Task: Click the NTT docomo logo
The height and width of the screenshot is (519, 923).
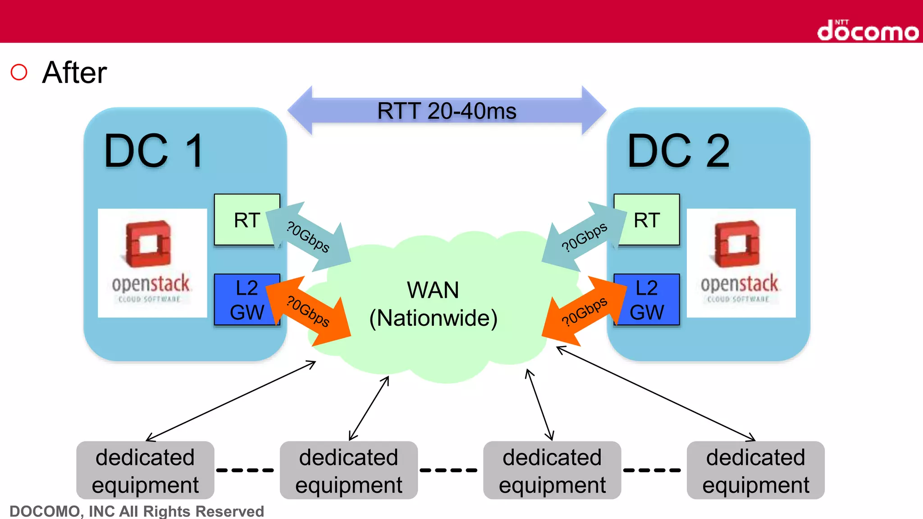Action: click(868, 31)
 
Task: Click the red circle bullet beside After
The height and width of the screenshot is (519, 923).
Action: click(19, 72)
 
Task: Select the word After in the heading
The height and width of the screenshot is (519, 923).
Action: click(74, 73)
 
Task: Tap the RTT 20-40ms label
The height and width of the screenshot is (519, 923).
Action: click(446, 111)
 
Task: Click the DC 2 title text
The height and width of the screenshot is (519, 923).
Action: click(678, 151)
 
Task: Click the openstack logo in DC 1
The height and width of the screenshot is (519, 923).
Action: click(152, 263)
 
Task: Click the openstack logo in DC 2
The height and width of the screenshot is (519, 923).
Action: click(741, 263)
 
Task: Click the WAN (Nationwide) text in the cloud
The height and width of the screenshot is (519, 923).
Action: click(433, 304)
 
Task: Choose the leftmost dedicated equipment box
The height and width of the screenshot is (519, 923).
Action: click(145, 470)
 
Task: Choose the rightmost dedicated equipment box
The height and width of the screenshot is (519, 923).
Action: click(755, 470)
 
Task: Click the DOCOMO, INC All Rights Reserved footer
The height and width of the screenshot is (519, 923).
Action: click(137, 511)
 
